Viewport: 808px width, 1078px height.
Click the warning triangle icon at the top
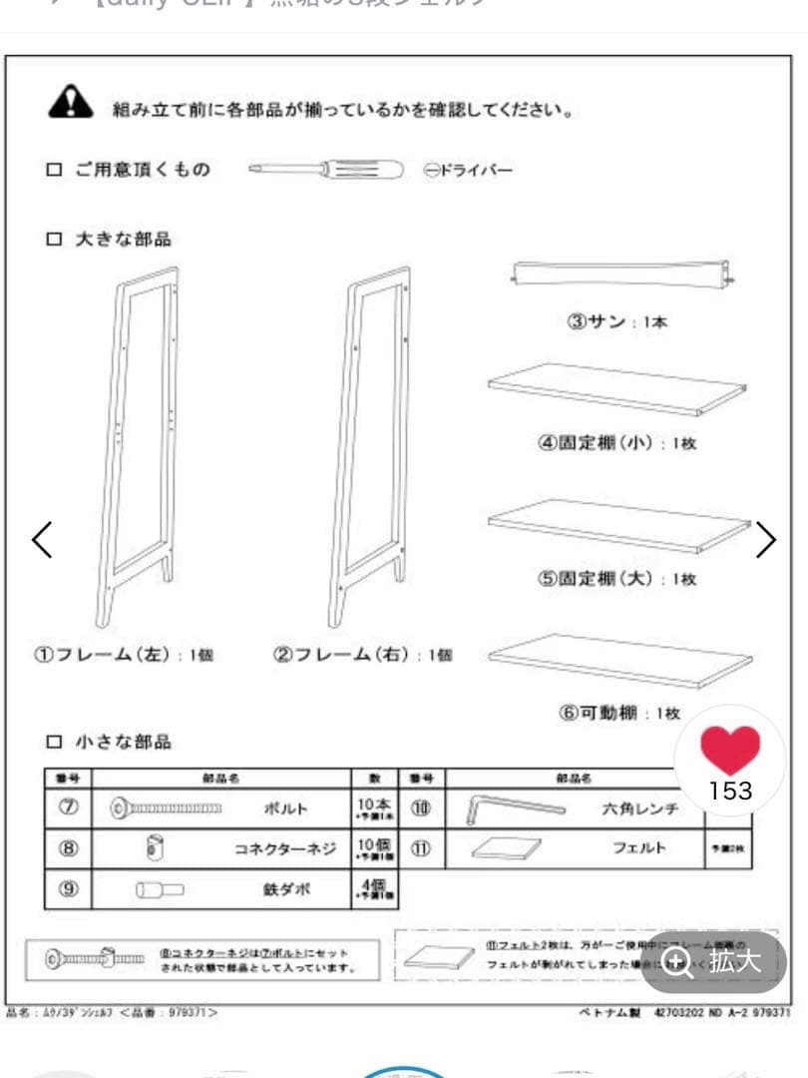[x=70, y=102]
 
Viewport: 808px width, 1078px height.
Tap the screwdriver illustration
[x=325, y=171]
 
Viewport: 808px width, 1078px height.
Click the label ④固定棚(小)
[x=617, y=443]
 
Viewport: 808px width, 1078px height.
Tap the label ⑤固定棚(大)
[x=617, y=579]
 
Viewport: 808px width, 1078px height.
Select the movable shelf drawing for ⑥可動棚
[x=619, y=660]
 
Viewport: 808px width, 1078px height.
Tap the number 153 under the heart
[x=730, y=791]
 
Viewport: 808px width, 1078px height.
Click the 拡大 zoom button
[x=714, y=962]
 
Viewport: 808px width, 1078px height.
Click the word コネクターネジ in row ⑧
[x=285, y=849]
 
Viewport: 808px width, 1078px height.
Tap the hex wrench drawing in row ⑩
[x=515, y=808]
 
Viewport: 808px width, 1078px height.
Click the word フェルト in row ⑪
[x=638, y=848]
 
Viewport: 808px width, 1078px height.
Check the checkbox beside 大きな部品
[x=54, y=240]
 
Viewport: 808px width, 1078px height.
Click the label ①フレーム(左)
[x=125, y=656]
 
